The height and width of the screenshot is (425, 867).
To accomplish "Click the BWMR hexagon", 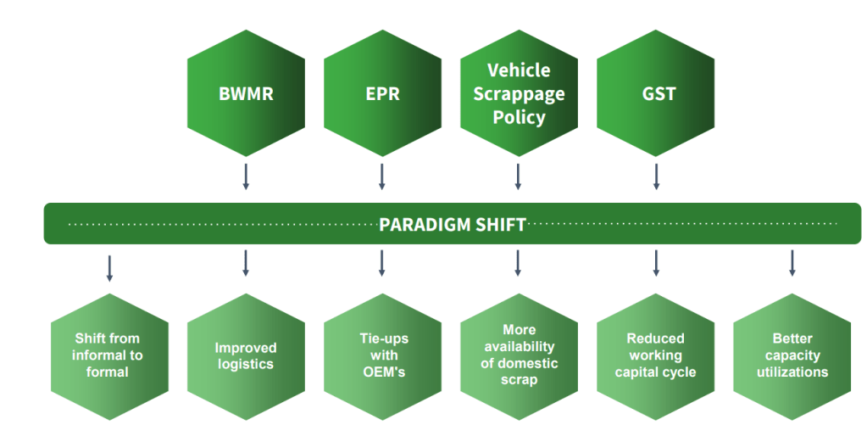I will [x=246, y=93].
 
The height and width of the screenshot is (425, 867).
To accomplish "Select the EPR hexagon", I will [x=382, y=93].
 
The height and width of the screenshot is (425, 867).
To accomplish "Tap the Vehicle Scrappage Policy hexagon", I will [x=519, y=93].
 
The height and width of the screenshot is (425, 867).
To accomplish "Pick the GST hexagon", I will [x=656, y=93].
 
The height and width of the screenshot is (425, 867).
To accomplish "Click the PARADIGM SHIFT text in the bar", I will [x=453, y=225].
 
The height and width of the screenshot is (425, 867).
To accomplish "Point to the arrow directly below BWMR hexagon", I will [x=246, y=176].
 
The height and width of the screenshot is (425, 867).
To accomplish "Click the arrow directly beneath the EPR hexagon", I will [x=382, y=176].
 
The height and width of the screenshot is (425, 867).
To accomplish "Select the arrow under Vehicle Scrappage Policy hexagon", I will [x=518, y=176].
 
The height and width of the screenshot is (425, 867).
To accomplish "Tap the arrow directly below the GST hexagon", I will [x=656, y=176].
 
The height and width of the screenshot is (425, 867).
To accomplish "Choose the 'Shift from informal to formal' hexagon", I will [x=108, y=355].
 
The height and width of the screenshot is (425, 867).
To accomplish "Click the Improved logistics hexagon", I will [x=246, y=355].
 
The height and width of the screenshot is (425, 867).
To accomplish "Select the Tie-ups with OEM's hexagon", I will [x=382, y=355].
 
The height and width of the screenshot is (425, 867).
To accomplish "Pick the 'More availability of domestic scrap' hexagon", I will [x=519, y=355].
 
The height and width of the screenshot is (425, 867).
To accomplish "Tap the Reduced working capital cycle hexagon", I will [x=656, y=355].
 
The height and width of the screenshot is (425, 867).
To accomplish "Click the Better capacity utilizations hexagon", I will [x=793, y=355].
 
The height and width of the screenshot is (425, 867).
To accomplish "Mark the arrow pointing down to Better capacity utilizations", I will [x=793, y=263].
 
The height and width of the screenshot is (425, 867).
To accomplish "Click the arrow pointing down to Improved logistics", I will [x=246, y=263].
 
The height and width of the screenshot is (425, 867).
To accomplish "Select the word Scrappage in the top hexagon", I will [x=519, y=93].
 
